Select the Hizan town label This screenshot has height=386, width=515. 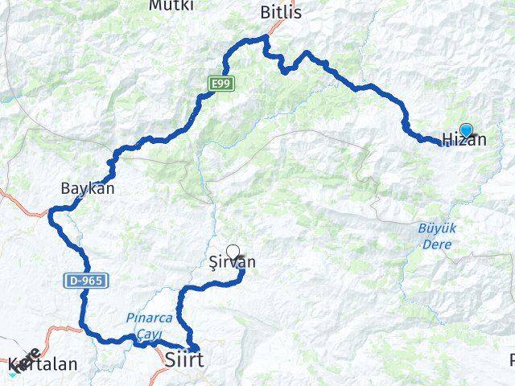464,140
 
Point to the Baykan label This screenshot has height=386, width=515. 88,189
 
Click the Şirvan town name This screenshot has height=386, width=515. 232,263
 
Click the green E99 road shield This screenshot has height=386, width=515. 220,83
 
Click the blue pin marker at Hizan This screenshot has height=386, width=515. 466,129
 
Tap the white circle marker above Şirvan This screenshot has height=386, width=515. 233,251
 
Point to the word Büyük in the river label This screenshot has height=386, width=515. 437,228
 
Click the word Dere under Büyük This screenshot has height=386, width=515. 437,241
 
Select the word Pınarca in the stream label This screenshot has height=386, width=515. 145,318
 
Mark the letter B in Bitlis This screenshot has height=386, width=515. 265,12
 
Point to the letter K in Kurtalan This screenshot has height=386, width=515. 12,364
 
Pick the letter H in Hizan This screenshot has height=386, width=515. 448,140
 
